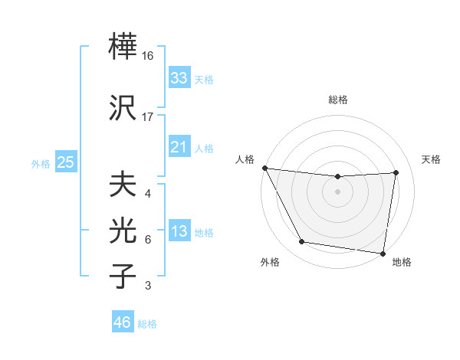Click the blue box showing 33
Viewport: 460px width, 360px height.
click(179, 78)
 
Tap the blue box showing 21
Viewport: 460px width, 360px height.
click(179, 147)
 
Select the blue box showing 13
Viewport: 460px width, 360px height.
click(179, 232)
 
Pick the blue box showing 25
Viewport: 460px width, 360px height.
click(66, 162)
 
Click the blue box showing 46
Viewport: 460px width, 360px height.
click(123, 322)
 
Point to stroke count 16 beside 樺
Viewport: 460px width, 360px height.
click(149, 56)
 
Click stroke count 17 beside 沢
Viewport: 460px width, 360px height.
click(149, 117)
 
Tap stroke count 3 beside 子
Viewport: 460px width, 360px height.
click(148, 286)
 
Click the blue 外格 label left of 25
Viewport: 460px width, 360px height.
click(41, 163)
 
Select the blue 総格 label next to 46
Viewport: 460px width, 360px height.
click(148, 324)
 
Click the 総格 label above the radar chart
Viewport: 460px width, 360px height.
click(338, 100)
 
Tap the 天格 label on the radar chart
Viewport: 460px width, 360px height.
click(432, 159)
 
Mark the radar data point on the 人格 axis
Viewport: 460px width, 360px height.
click(264, 168)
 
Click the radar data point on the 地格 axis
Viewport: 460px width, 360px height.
click(383, 253)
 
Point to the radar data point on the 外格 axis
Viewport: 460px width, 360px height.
click(301, 243)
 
